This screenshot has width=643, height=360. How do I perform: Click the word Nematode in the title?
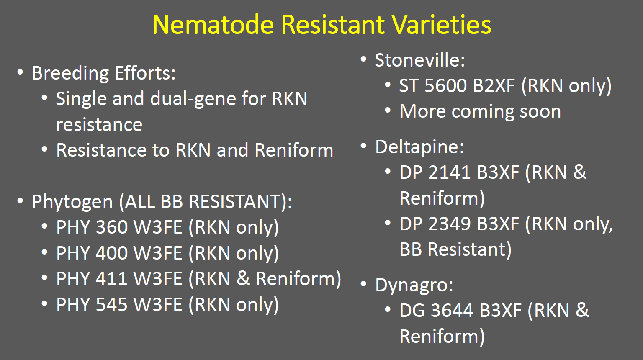pos(213,25)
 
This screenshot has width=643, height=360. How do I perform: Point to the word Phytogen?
pos(72,202)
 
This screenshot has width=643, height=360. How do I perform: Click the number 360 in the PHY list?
pos(112,227)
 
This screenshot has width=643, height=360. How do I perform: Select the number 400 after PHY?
pos(112,253)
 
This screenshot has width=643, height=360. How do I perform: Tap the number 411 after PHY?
pos(111,278)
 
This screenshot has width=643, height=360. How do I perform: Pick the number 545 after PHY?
pos(112,304)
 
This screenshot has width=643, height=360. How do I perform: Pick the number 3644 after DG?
pos(452,311)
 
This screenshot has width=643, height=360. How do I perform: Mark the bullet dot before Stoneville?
pos(363,59)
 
